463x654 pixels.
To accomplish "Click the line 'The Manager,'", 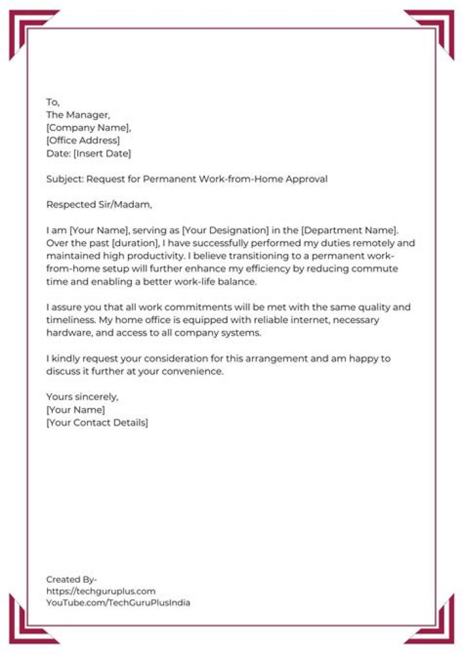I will click(x=78, y=115).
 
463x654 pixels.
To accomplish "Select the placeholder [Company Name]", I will click(x=87, y=128).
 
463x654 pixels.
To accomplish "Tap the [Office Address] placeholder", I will click(x=83, y=141).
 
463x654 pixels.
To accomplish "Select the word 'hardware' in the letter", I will click(x=68, y=333).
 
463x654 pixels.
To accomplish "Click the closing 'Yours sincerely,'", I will click(x=82, y=397).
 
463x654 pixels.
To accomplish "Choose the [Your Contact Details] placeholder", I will click(x=97, y=423).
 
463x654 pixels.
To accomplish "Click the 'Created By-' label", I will click(x=71, y=579).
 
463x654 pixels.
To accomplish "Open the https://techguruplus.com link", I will click(x=101, y=591).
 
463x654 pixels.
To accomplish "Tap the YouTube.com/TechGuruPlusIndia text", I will click(x=118, y=603).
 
